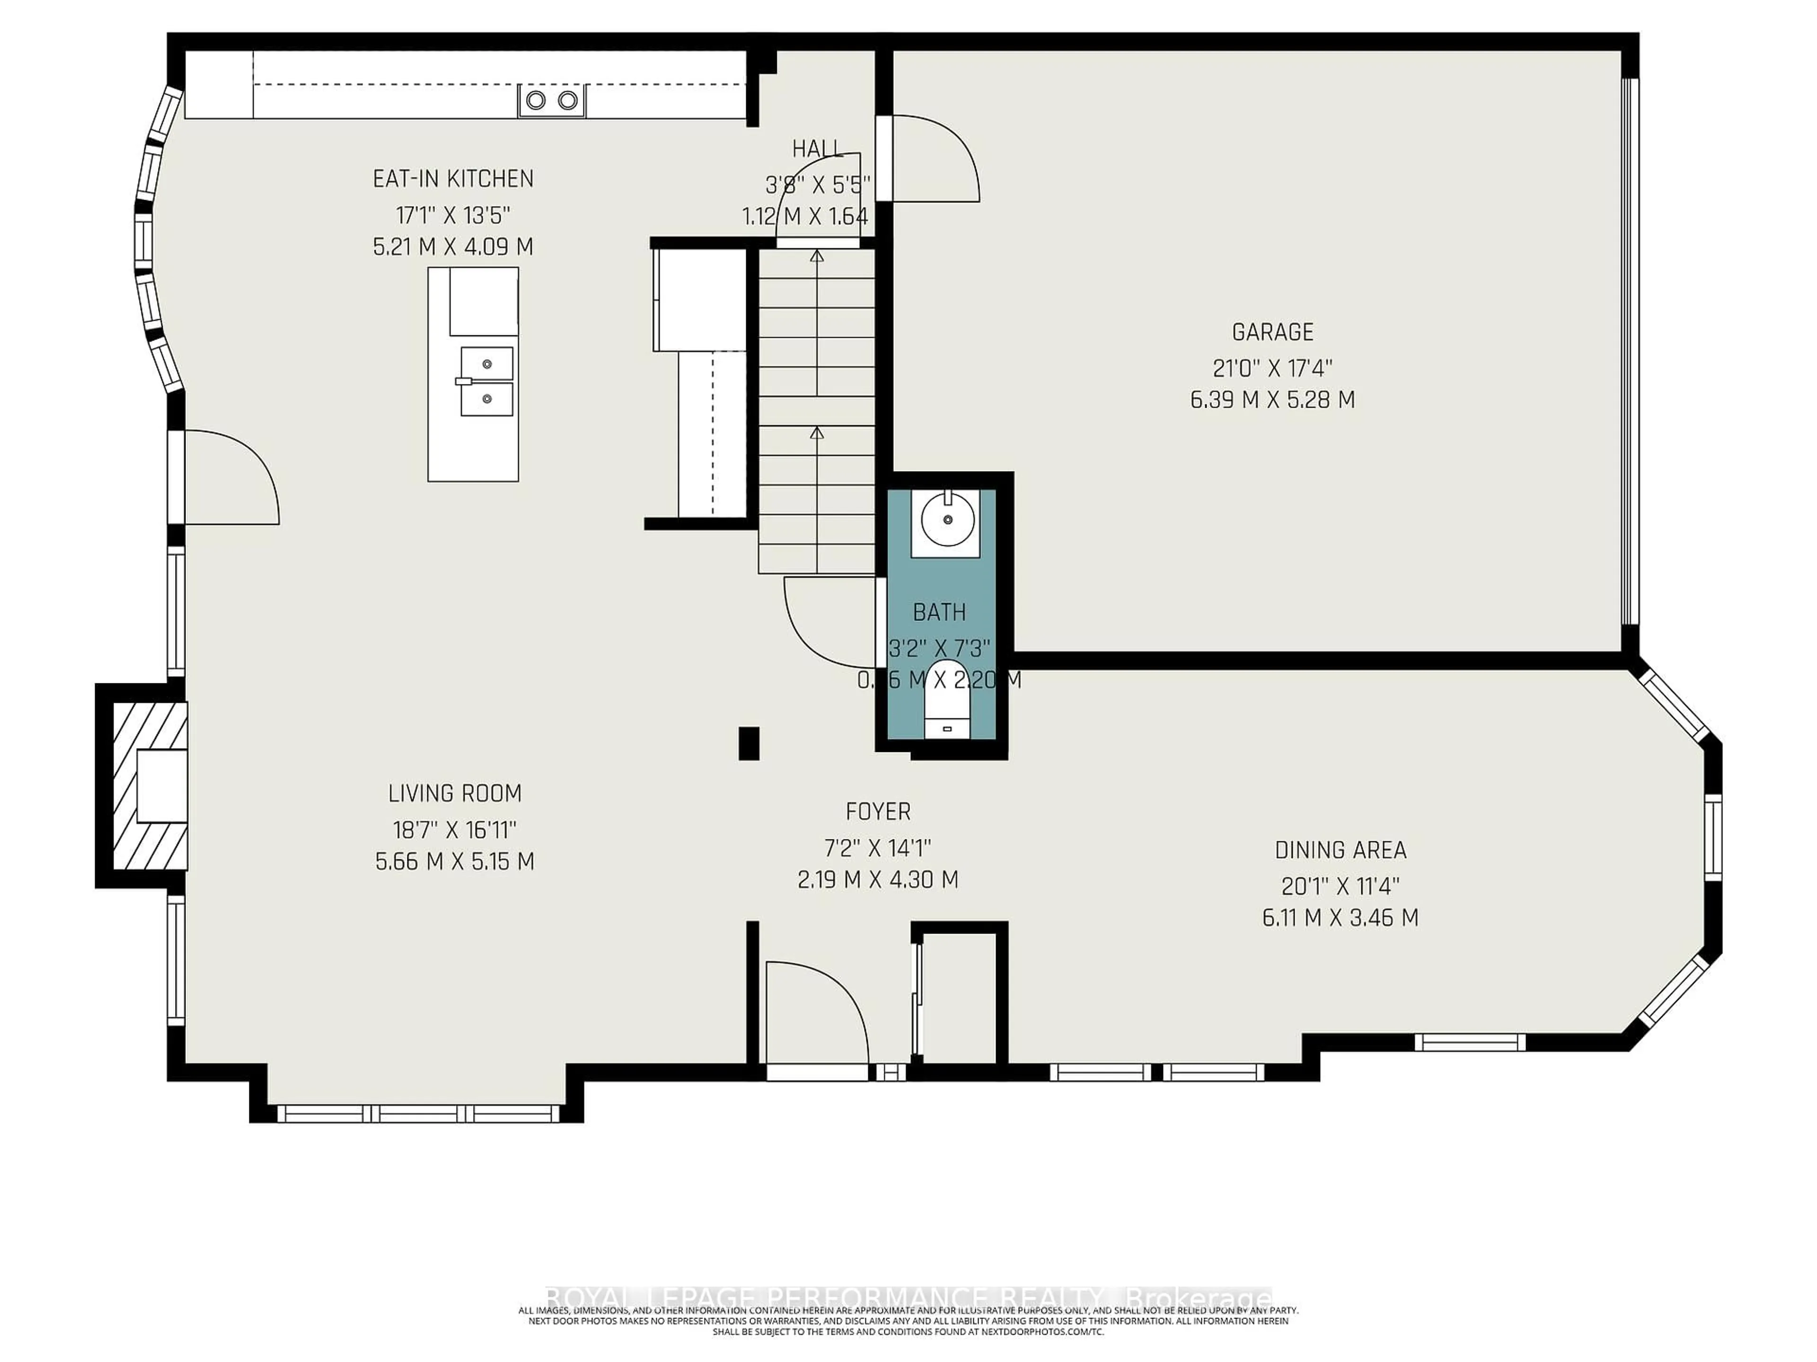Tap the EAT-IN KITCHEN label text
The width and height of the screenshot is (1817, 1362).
coord(453,179)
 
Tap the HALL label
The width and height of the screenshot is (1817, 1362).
coord(817,148)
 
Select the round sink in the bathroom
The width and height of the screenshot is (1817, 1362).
coord(947,521)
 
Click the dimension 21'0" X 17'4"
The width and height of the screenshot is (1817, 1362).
coord(1272,368)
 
